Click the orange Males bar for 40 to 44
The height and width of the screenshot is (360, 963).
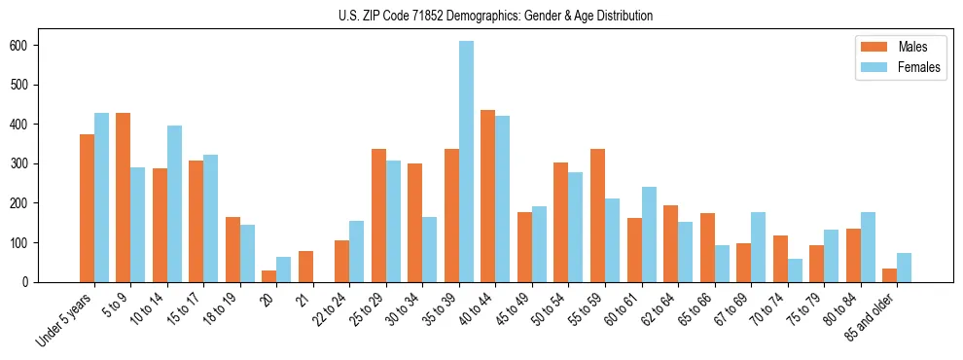(488, 196)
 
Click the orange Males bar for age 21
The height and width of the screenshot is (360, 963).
(305, 267)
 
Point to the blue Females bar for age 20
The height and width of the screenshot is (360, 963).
(284, 270)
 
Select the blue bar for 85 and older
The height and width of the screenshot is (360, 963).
(905, 268)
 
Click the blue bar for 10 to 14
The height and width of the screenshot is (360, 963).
(175, 203)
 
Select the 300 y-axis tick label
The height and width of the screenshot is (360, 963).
(26, 164)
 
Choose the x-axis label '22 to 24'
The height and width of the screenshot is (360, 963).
(328, 311)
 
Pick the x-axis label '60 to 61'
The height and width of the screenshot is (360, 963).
(620, 311)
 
